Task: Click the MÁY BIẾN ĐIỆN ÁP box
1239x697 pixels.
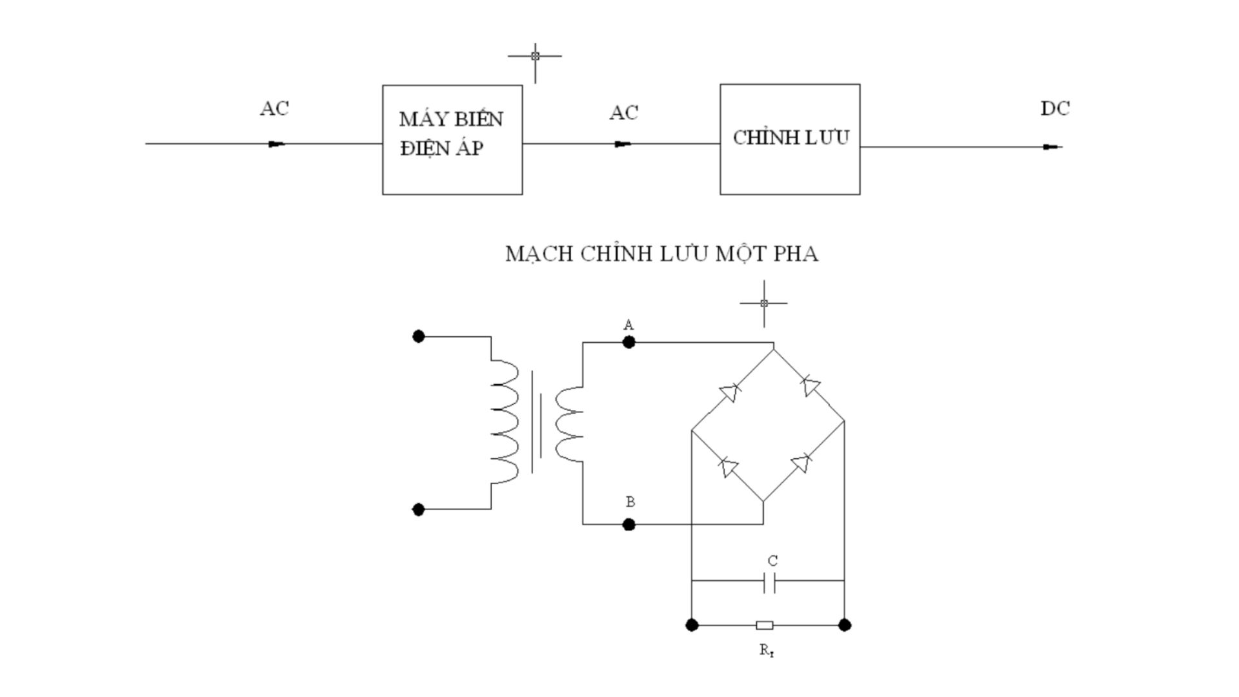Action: click(452, 139)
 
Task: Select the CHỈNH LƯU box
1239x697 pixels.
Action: click(790, 139)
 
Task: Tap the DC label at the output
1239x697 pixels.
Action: click(1054, 108)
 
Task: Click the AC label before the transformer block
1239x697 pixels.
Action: click(274, 108)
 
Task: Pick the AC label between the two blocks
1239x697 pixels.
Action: click(623, 112)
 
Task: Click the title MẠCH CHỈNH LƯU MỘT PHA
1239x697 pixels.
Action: click(661, 254)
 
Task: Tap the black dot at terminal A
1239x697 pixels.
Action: click(629, 343)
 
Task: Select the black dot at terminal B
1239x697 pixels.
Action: click(629, 525)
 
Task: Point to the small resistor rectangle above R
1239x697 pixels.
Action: click(765, 625)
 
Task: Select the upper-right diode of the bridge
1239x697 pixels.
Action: click(809, 386)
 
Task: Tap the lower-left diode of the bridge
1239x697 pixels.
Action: click(729, 466)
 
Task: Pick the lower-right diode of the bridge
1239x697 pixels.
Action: click(801, 463)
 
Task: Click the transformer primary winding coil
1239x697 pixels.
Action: click(505, 423)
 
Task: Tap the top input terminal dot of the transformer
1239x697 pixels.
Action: click(418, 336)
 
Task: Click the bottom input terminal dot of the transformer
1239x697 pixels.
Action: click(418, 510)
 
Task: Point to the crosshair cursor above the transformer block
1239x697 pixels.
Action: click(535, 56)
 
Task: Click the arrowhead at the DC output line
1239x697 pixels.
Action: click(1052, 147)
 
